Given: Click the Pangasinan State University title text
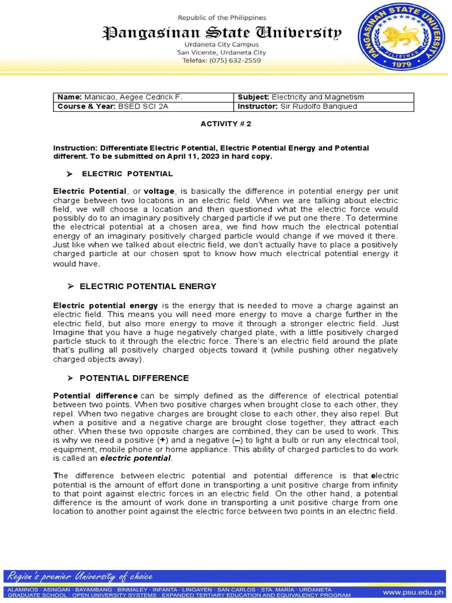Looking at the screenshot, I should tap(222, 33).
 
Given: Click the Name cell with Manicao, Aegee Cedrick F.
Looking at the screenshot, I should tap(143, 97).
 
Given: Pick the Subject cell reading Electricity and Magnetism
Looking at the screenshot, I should tap(324, 97).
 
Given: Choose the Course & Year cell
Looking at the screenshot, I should tap(143, 107).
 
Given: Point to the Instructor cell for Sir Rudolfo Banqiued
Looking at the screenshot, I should tap(324, 107).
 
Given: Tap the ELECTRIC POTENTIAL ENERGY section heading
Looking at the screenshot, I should tap(148, 286).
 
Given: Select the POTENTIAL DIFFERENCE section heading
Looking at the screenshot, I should tap(134, 378).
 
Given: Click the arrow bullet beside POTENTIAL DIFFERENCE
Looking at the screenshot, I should tap(70, 378).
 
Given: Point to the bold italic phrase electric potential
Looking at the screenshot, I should tap(135, 458).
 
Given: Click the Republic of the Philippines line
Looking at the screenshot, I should tap(222, 18).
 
